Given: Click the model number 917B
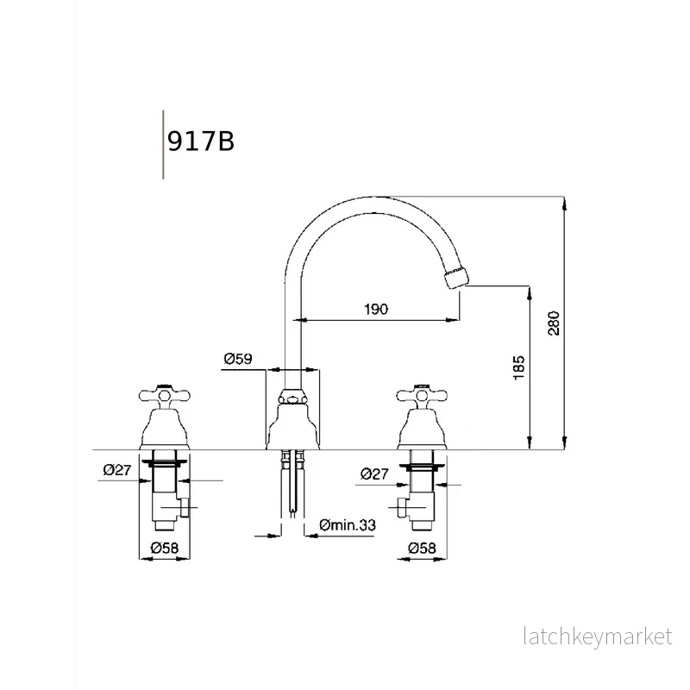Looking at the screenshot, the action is click(x=201, y=141).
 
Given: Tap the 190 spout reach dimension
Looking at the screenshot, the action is click(x=376, y=309).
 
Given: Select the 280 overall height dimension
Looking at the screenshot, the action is click(x=554, y=323).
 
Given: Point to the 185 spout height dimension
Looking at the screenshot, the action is click(x=519, y=367).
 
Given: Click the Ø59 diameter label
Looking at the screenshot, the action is click(x=238, y=359).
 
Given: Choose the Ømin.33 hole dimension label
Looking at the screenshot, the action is click(x=348, y=524).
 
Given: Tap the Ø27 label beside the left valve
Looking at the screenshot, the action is click(x=117, y=470).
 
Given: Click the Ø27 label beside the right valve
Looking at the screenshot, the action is click(x=374, y=474).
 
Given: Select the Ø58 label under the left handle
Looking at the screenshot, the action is click(x=165, y=548).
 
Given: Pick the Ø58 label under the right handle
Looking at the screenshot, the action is click(x=422, y=548).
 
